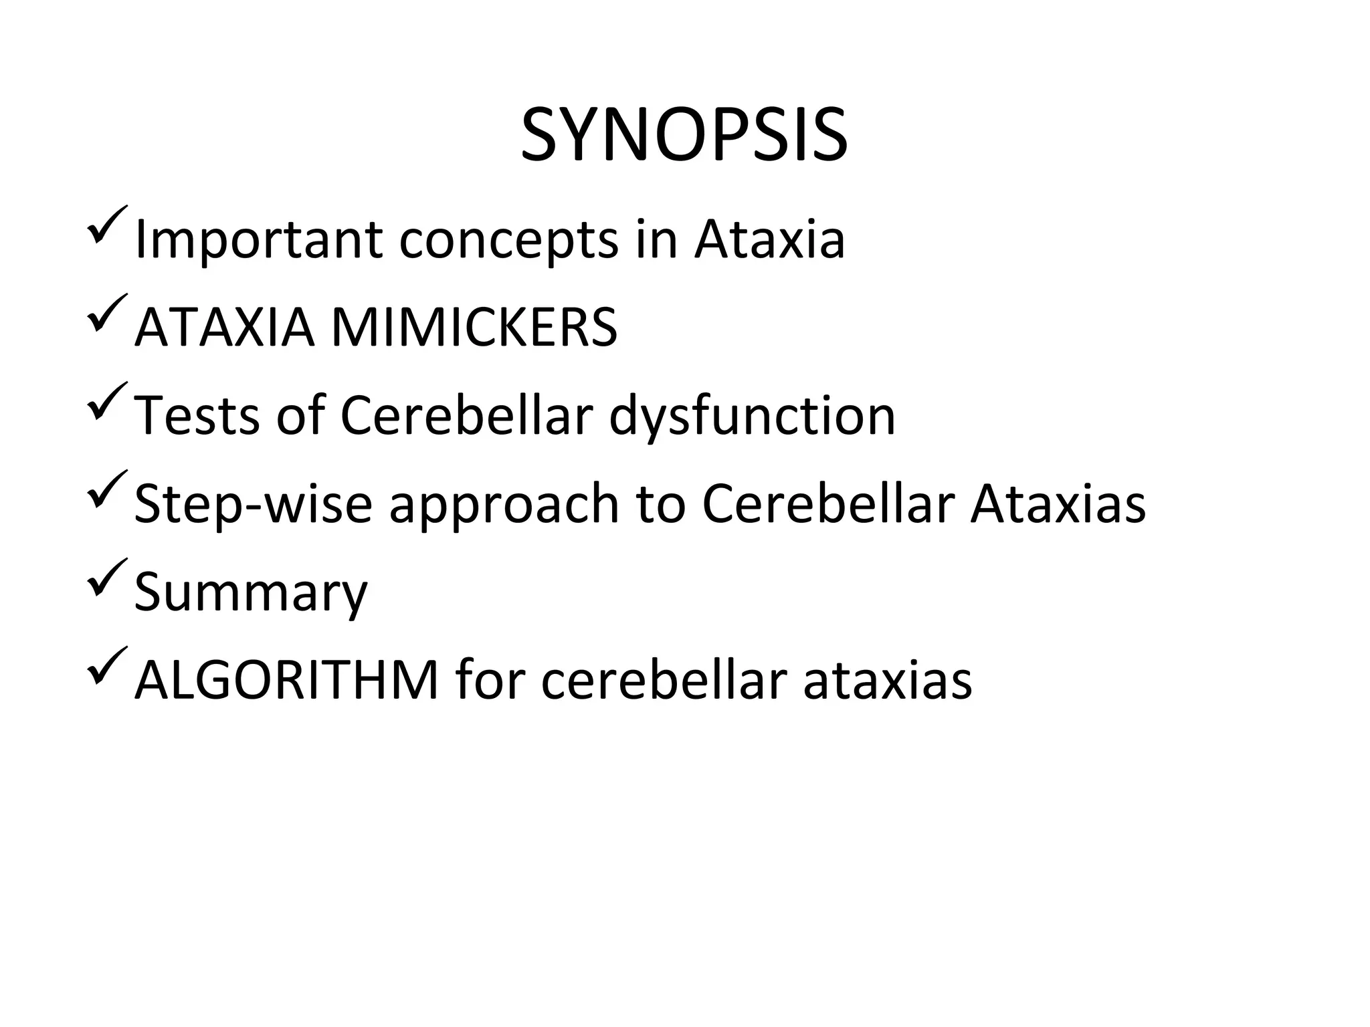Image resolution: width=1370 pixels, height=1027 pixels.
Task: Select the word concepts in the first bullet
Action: (x=508, y=241)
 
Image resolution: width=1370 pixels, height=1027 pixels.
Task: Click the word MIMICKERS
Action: (x=474, y=328)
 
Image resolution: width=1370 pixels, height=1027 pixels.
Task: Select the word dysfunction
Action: (x=752, y=416)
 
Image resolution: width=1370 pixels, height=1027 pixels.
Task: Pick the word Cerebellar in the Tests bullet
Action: (x=466, y=416)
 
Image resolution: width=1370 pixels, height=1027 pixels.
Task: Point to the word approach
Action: (x=504, y=505)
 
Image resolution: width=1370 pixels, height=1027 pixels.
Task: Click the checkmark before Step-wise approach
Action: (x=106, y=491)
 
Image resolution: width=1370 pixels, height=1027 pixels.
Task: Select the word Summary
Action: (x=251, y=593)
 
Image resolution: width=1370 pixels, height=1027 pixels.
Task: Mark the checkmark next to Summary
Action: (x=106, y=579)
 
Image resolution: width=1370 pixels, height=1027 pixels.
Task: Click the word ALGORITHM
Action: (x=286, y=681)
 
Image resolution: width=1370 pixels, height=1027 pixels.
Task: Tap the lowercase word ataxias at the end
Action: (x=887, y=681)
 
